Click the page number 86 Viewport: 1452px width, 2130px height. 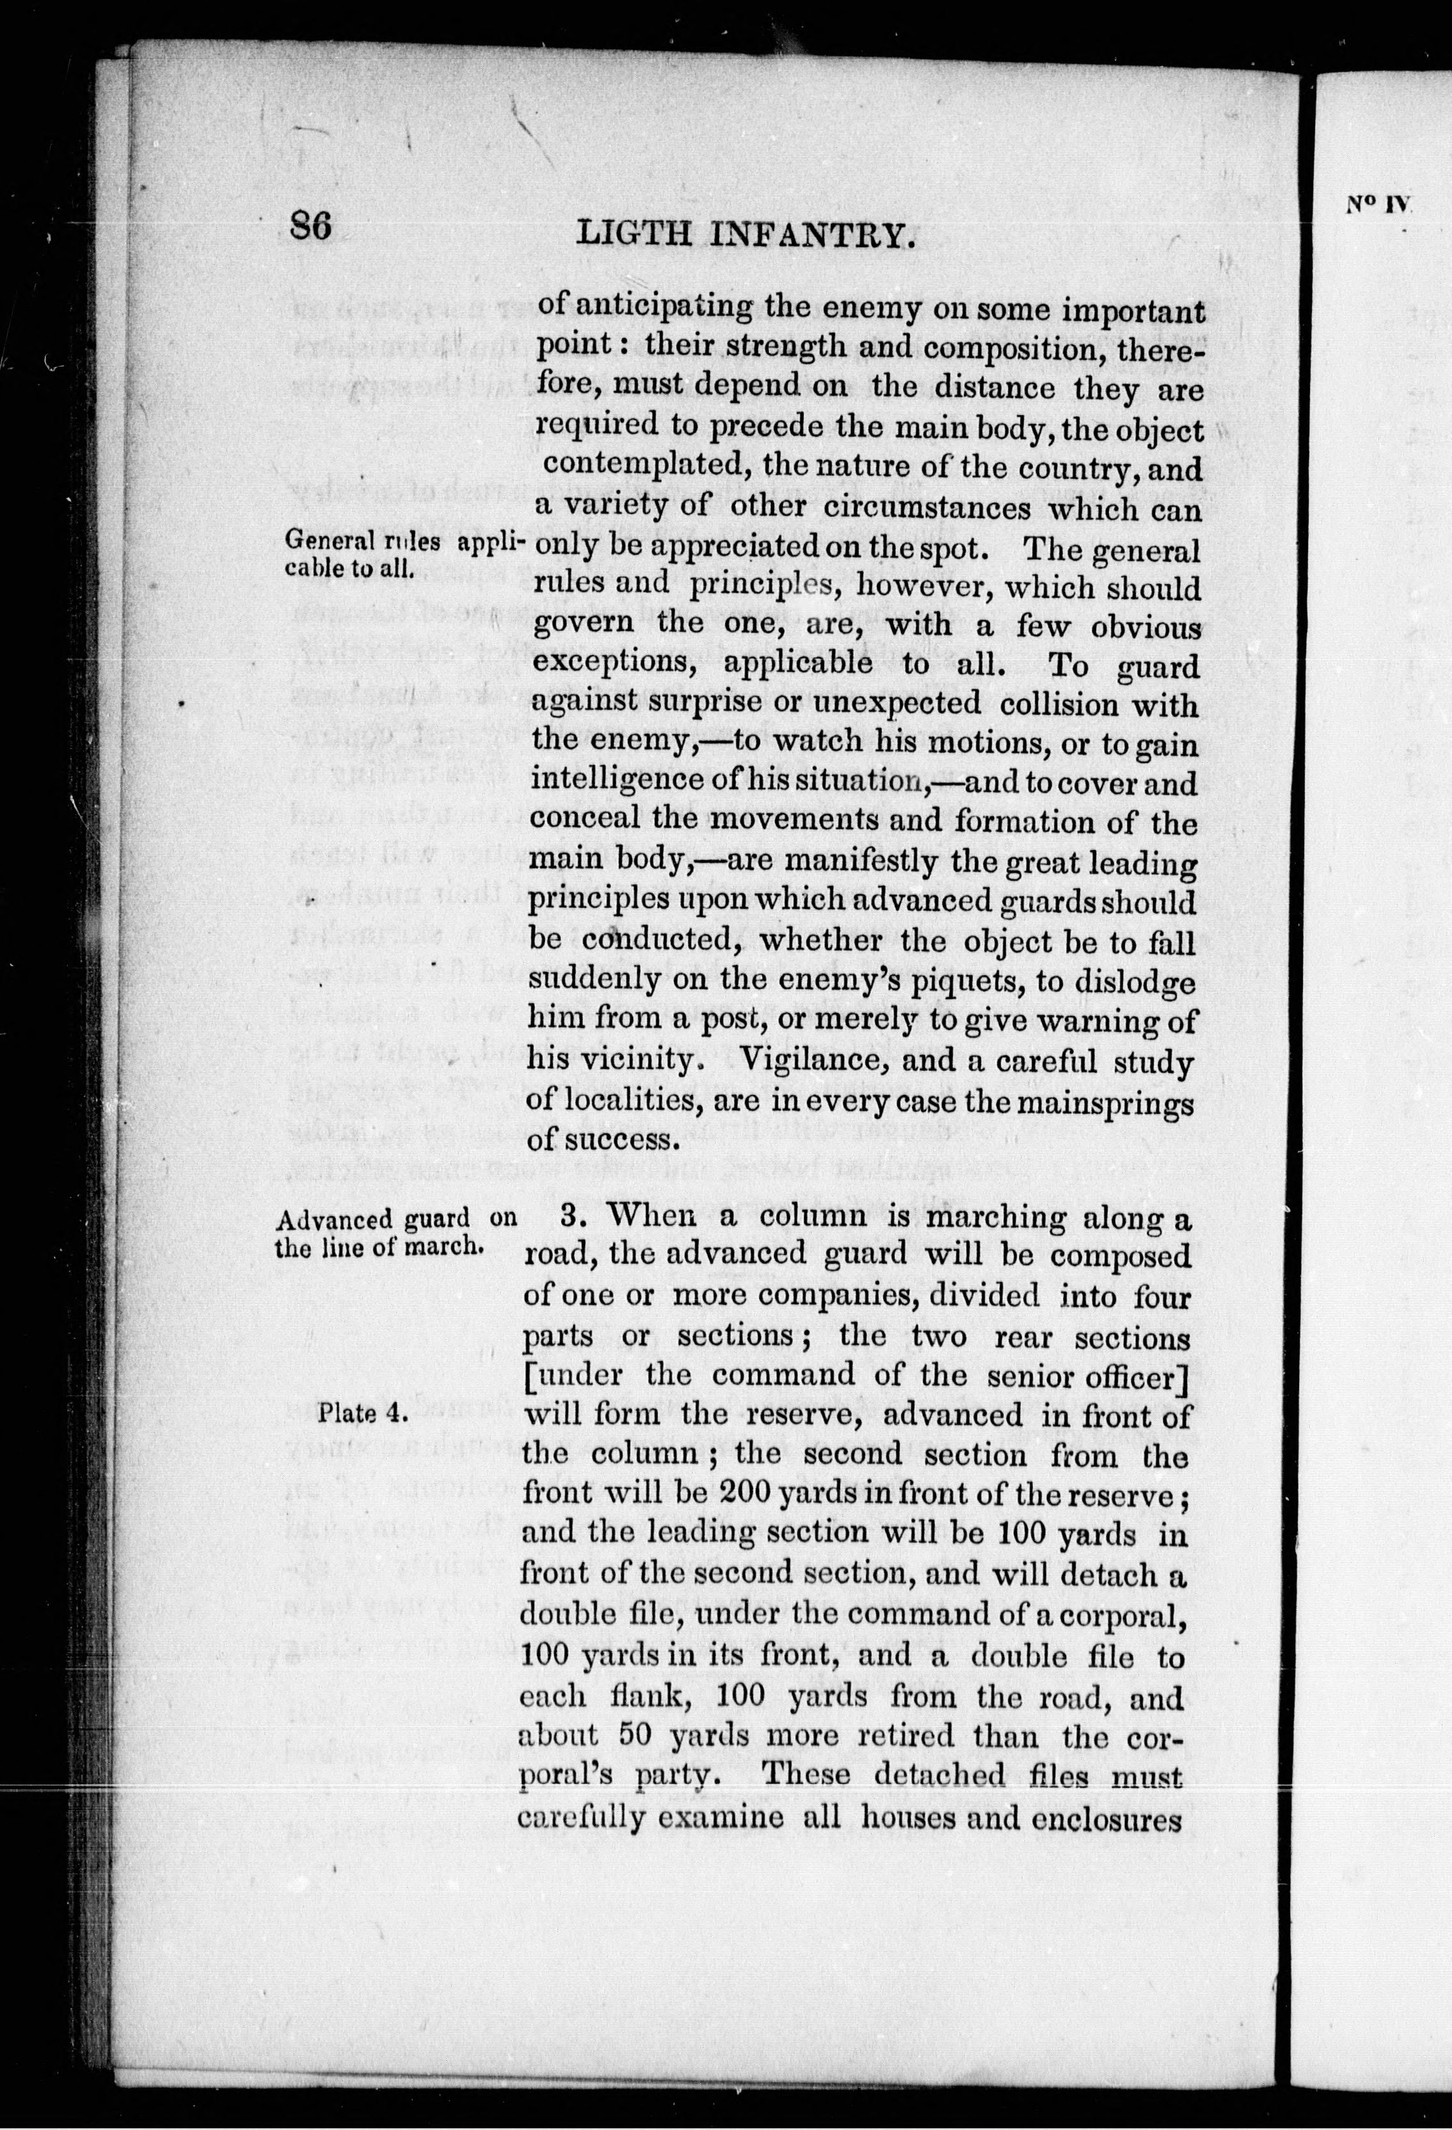[x=310, y=227]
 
